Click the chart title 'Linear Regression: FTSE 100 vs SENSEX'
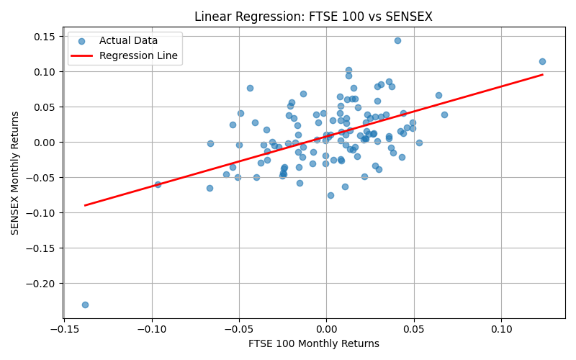click(x=313, y=17)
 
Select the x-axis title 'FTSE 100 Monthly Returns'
click(x=313, y=343)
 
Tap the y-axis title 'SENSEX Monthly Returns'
click(x=15, y=172)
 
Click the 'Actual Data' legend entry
click(x=128, y=40)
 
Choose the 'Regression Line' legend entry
click(x=138, y=55)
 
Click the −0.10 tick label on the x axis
click(x=151, y=329)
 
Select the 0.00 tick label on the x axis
click(x=326, y=329)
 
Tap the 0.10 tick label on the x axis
click(x=501, y=329)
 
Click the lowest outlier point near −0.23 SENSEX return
click(x=85, y=305)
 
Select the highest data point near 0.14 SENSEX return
click(x=397, y=40)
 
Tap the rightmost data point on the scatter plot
click(x=542, y=61)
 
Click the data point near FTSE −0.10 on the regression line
click(x=158, y=184)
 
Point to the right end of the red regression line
click(x=542, y=75)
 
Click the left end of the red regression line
click(x=85, y=205)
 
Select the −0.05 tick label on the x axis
click(x=238, y=329)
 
